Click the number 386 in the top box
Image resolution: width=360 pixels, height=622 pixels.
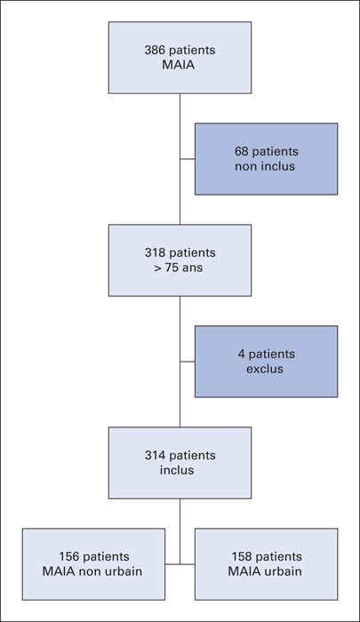point(153,51)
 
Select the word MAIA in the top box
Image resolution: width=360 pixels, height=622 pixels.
point(179,65)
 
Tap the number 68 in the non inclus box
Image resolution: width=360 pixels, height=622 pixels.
point(241,152)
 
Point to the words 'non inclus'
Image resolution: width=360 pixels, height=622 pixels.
point(265,166)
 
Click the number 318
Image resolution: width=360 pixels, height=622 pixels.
point(154,252)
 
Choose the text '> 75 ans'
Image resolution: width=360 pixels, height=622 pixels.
point(179,267)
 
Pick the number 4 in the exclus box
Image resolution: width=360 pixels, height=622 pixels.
point(241,354)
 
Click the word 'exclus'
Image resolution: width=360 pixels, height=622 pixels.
point(265,369)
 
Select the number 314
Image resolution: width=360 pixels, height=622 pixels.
point(154,455)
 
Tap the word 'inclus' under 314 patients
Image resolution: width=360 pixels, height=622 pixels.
point(177,470)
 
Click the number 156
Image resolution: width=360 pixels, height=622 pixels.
point(68,556)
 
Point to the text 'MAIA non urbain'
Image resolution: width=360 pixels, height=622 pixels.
point(92,571)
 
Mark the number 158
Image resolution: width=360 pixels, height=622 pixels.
point(241,556)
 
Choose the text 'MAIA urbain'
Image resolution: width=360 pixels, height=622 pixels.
point(265,571)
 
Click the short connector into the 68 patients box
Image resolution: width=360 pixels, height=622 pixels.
point(188,159)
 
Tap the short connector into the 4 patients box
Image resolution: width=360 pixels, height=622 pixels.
point(188,362)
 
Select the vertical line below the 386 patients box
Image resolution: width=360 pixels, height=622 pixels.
point(180,159)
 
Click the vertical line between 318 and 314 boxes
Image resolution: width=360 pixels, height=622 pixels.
point(180,362)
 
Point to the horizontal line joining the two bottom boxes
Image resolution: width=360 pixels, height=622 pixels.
point(180,563)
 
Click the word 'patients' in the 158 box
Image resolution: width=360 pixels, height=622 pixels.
point(277,556)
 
